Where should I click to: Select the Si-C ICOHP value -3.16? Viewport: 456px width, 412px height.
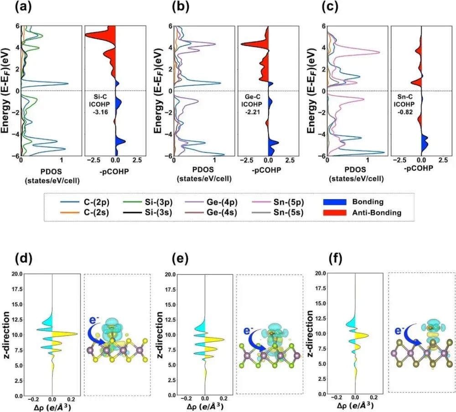click(98, 110)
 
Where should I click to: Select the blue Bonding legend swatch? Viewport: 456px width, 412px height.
click(338, 201)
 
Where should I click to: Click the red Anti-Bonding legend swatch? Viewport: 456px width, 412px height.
click(338, 213)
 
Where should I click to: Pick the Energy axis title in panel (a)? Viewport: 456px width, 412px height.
click(6, 90)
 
